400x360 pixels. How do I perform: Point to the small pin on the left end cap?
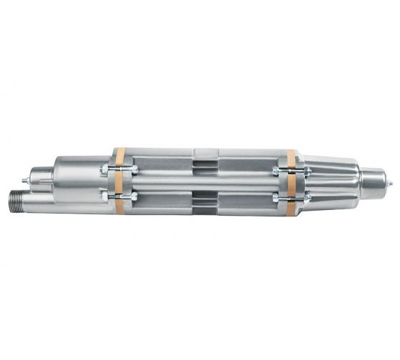pyautogui.click(x=25, y=177)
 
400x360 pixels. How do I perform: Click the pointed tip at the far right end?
pyautogui.click(x=390, y=183)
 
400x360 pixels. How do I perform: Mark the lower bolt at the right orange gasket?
pyautogui.click(x=291, y=196)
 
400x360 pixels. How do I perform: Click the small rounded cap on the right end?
pyautogui.click(x=374, y=183)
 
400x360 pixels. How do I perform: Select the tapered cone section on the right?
pyautogui.click(x=336, y=183)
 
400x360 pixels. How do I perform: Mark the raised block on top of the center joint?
pyautogui.click(x=206, y=152)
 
